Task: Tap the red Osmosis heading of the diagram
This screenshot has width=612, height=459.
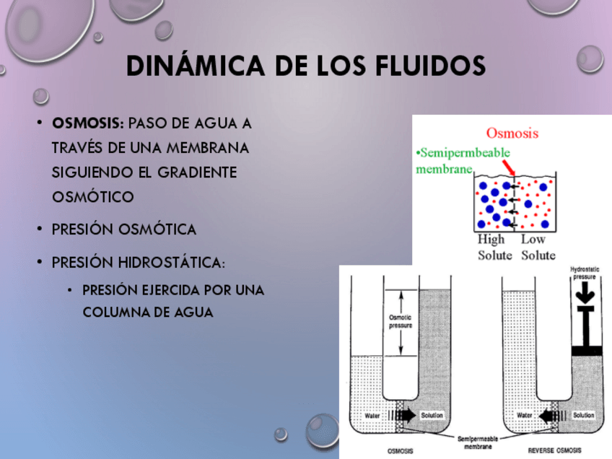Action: tap(512, 133)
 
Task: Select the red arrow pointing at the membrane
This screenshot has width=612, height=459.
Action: tap(509, 168)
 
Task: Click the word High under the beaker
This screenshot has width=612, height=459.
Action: tap(491, 240)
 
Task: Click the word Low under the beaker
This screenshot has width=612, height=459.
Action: tap(534, 240)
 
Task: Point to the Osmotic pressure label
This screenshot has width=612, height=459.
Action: tap(401, 321)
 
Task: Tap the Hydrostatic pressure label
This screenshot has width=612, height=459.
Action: tap(585, 273)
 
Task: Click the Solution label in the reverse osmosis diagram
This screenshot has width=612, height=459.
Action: tap(583, 416)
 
